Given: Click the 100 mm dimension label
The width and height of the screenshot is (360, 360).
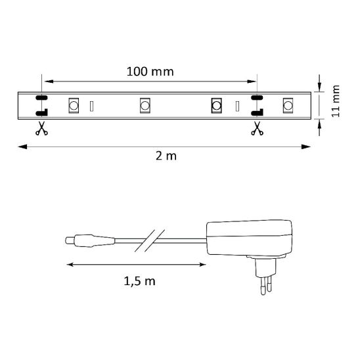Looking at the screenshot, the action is click(x=150, y=72).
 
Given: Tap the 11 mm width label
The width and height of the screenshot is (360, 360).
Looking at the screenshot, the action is click(x=336, y=101).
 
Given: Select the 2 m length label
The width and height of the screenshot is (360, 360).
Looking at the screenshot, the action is click(x=166, y=156).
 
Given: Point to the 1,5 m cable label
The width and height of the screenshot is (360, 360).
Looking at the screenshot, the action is click(x=139, y=281).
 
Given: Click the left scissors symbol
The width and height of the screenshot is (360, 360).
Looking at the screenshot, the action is click(x=41, y=128).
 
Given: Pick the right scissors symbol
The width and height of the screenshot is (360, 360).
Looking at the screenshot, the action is click(x=257, y=128).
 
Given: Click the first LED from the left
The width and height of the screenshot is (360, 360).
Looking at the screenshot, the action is click(x=74, y=106).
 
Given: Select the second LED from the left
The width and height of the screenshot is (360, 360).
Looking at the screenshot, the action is click(x=145, y=106).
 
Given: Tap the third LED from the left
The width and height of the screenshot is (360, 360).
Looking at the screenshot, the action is click(x=216, y=106).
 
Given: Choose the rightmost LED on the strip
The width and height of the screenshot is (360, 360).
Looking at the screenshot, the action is click(x=288, y=106).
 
